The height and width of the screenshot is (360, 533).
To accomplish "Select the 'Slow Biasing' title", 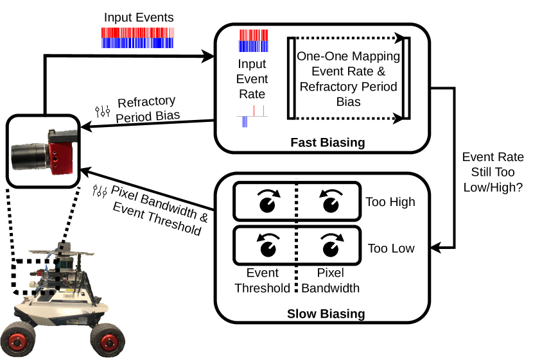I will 326,314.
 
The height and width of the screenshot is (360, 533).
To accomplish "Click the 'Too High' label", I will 390,202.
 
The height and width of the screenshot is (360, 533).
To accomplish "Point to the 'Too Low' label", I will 390,248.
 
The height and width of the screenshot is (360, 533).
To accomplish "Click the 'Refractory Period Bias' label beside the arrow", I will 147,108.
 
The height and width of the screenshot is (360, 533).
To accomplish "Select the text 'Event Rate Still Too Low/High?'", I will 493,171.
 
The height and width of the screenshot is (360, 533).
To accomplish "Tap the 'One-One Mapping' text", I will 348,56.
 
